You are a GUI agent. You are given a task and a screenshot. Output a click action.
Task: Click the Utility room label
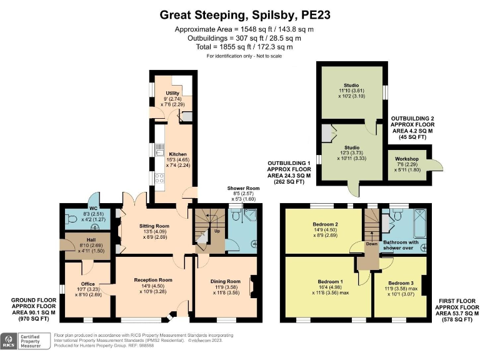click(172, 93)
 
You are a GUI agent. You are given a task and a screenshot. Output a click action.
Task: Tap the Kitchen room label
click(172, 154)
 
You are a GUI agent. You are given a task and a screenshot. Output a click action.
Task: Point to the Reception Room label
click(153, 280)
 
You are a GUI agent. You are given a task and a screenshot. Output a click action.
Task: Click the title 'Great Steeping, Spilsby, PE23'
click(240, 14)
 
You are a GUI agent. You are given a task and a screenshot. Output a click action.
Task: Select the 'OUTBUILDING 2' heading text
click(414, 118)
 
